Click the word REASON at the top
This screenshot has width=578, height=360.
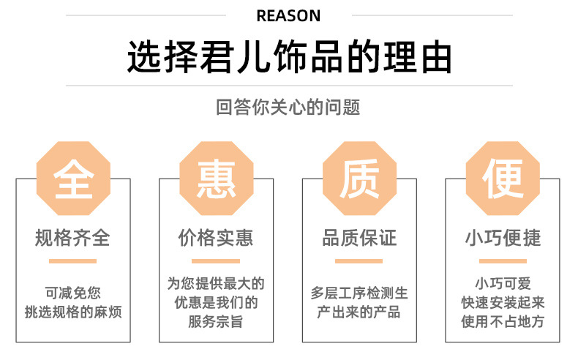[x=289, y=15]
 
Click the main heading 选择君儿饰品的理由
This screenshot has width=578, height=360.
[x=289, y=58]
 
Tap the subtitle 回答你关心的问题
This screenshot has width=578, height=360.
[x=289, y=108]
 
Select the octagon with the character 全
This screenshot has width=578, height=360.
[x=73, y=179]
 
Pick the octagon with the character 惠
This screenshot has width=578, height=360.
[x=217, y=179]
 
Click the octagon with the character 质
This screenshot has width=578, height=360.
[x=360, y=179]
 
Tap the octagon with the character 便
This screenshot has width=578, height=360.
[x=503, y=179]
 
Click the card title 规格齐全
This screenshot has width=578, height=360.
[x=73, y=239]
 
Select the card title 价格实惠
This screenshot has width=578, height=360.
[x=217, y=239]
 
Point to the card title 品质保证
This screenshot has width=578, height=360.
[x=360, y=239]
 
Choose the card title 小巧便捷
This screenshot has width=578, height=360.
[x=503, y=239]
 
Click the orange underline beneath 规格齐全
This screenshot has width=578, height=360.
[x=73, y=260]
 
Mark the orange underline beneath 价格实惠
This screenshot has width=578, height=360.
[x=217, y=260]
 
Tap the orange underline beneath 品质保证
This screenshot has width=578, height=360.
[x=360, y=260]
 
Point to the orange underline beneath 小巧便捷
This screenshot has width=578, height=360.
[x=503, y=260]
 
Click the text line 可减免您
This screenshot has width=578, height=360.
[x=73, y=292]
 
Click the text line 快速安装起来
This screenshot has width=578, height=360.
[x=503, y=302]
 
